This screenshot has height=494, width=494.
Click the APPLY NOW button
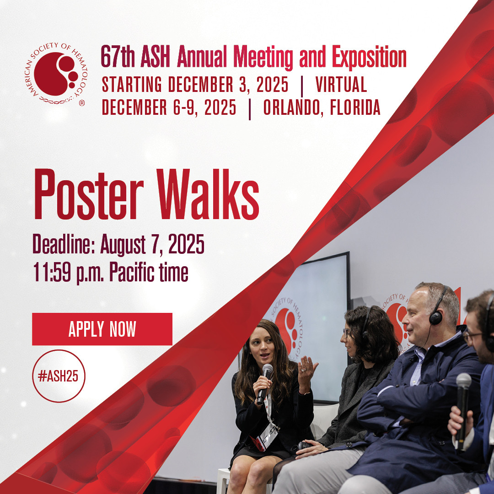pos(102,329)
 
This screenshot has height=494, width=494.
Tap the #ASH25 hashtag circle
pos(59,376)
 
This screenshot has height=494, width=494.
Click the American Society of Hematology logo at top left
pos(56,74)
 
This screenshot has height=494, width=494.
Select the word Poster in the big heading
pos(89,194)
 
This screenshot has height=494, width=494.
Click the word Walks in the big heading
pos(208,194)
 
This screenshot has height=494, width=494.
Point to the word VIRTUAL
pos(341,85)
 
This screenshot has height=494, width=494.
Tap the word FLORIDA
pos(355,107)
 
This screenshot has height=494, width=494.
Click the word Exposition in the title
pos(369,57)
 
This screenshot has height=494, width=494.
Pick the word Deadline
pos(64,244)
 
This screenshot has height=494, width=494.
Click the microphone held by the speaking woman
pos(264,384)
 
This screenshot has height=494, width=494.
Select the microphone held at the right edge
pos(462,409)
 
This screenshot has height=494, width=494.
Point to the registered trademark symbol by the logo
pos(81,103)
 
